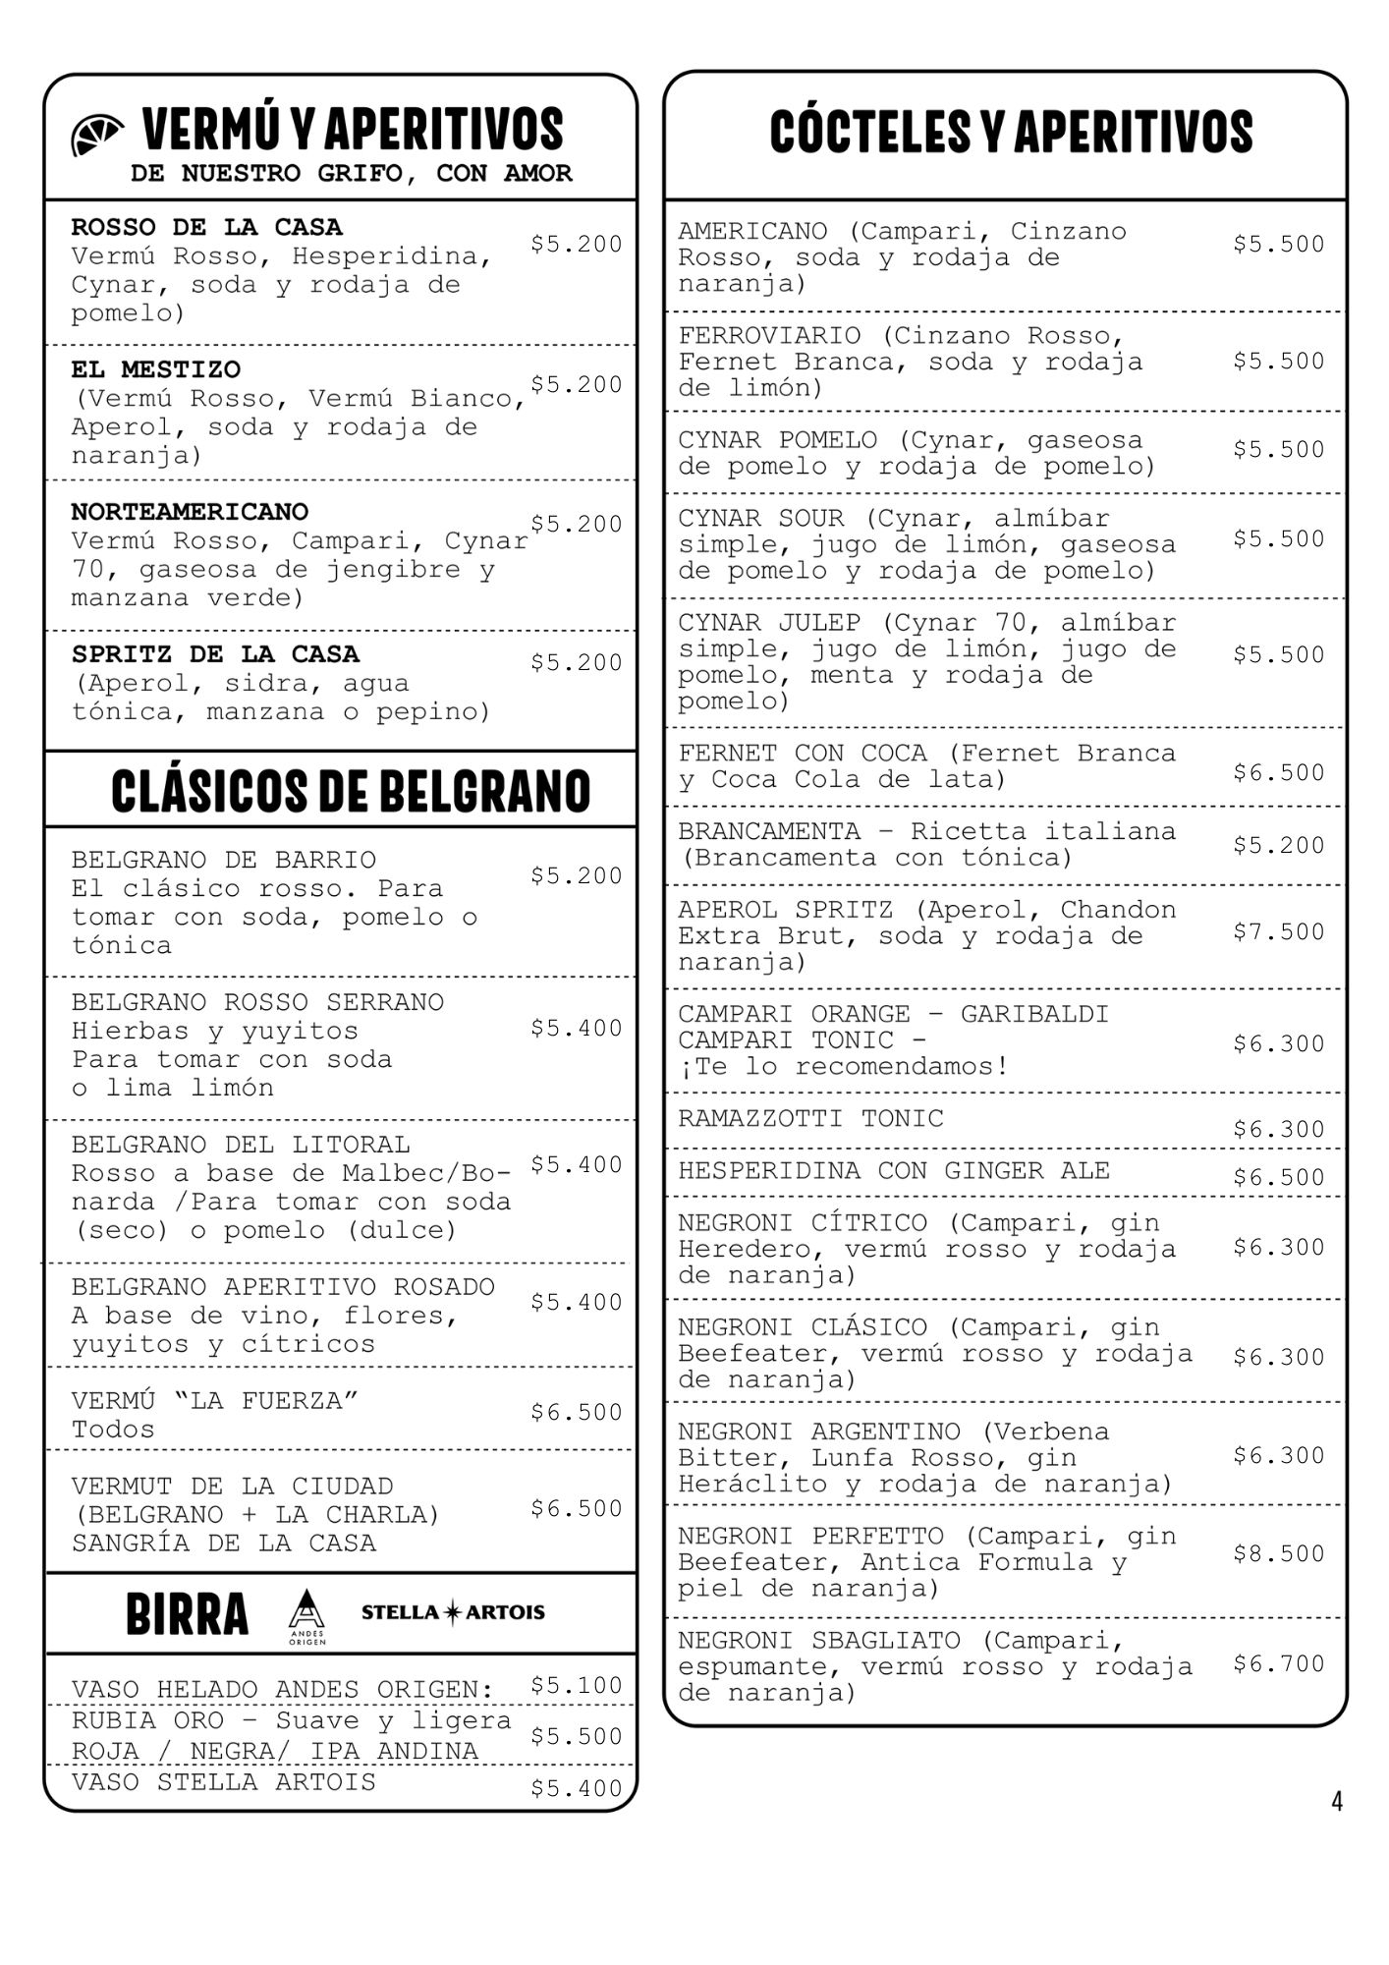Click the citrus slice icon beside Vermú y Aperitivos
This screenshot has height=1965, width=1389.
tap(97, 134)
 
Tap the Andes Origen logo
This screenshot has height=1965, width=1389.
tap(306, 1615)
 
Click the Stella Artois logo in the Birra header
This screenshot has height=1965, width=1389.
tap(453, 1612)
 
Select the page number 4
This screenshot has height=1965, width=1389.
tap(1336, 1801)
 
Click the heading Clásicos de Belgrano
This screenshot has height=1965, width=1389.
tap(351, 790)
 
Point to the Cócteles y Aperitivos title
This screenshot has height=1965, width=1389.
tap(1011, 132)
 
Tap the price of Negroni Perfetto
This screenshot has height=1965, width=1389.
tap(1279, 1553)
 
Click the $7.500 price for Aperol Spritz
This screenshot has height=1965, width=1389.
tap(1279, 931)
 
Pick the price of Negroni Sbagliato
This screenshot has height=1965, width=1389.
tap(1279, 1663)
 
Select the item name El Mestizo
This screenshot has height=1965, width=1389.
tap(155, 370)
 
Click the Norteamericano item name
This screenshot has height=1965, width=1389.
tap(190, 512)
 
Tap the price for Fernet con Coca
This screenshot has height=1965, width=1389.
tap(1279, 772)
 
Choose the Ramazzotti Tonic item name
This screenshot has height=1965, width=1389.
tap(810, 1119)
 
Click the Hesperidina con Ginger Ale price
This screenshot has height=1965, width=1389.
tap(1279, 1177)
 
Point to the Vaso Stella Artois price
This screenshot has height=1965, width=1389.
tap(576, 1788)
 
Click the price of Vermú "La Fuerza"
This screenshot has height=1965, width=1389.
tap(576, 1412)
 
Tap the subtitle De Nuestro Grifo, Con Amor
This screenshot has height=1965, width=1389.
tap(351, 174)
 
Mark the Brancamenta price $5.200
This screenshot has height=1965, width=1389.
tap(1279, 845)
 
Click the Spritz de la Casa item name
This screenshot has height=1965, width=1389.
tap(215, 654)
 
